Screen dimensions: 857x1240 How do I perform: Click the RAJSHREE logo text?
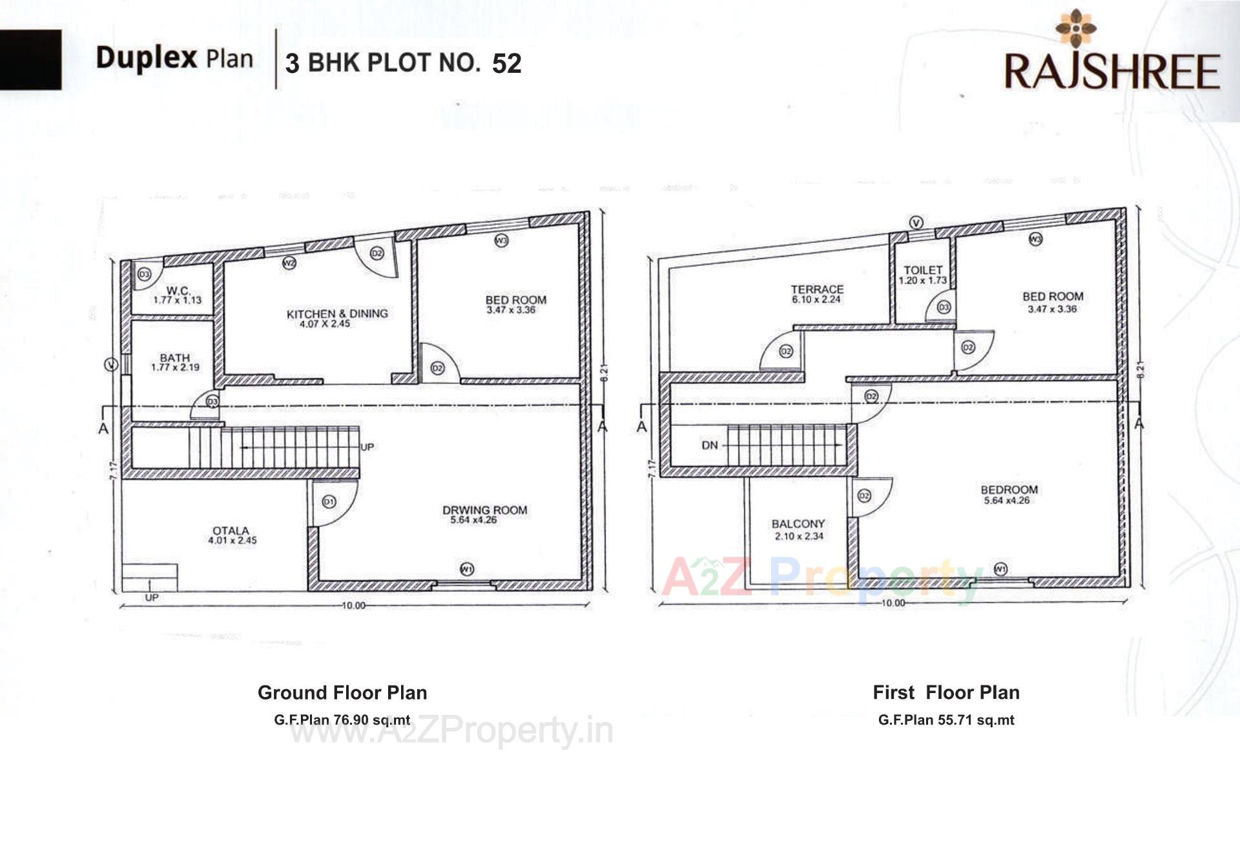coord(1111,71)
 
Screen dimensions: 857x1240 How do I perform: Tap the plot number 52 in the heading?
coord(506,63)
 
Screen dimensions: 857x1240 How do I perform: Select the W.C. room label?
coord(177,291)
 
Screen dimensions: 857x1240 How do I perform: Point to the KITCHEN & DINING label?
coord(337,314)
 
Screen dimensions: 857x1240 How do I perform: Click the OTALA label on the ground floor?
coord(231,530)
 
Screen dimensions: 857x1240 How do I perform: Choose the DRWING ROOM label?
coord(484,510)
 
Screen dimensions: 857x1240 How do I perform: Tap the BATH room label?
coord(175,358)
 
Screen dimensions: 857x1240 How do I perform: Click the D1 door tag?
coord(329,501)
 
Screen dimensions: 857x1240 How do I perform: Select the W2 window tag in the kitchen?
coord(289,263)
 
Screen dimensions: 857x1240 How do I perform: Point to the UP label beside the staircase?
coord(367,447)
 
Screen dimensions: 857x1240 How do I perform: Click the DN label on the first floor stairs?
coord(709,445)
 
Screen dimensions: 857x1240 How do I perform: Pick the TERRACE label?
coord(817,289)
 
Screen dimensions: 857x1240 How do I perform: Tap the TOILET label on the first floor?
coord(923,270)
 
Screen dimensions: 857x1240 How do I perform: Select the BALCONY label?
coord(798,524)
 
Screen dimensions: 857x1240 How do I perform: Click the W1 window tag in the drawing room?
coord(467,569)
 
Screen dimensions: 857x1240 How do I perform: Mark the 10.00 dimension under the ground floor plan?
coord(353,605)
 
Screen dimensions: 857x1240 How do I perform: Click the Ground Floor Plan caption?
coord(342,692)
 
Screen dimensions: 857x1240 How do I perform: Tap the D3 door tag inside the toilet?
coord(944,307)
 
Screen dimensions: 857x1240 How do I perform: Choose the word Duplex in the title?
coord(146,57)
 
